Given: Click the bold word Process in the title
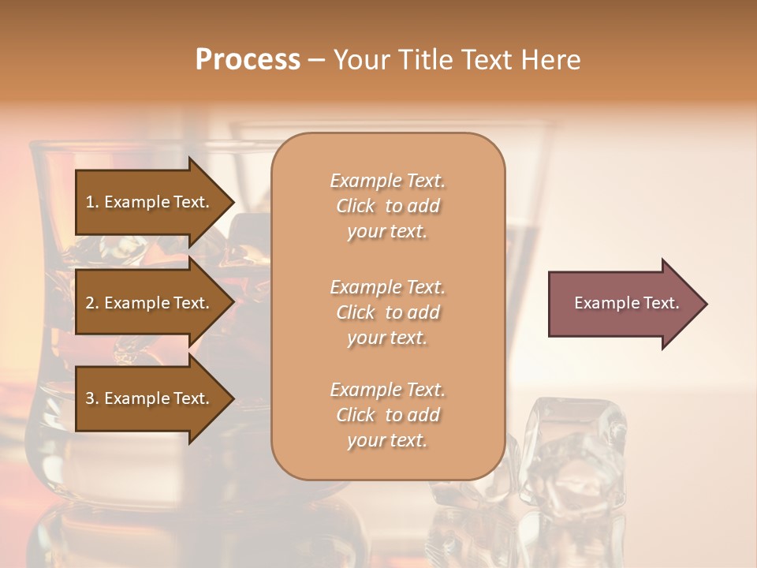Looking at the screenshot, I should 248,60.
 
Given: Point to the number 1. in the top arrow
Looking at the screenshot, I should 92,202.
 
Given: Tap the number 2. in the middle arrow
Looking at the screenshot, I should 92,303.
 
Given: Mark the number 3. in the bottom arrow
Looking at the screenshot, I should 92,398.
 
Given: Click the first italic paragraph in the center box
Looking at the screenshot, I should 387,206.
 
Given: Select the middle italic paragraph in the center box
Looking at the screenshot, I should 387,312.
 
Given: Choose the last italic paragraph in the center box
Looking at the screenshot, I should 387,415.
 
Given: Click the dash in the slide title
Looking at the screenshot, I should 317,61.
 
